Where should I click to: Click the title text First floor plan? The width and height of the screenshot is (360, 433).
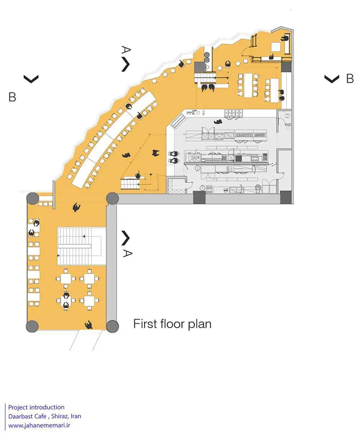(x=172, y=324)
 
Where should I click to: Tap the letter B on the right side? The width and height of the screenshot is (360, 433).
(x=350, y=79)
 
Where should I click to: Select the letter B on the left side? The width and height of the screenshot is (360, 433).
(x=12, y=97)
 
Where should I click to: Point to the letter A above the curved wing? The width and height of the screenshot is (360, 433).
(x=126, y=50)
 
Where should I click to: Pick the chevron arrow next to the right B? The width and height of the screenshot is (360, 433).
(x=331, y=79)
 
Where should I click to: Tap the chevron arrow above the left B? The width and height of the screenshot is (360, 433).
(x=31, y=79)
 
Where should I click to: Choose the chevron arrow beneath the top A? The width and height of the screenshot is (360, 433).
(x=125, y=64)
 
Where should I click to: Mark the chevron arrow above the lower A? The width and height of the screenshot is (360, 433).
(x=125, y=237)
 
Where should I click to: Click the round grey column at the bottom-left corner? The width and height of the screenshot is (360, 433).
(x=32, y=326)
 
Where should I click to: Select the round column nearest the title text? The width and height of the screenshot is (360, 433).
(x=112, y=326)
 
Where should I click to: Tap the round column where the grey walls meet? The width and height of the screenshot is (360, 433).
(x=112, y=198)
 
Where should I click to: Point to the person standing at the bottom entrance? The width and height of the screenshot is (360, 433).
(x=88, y=325)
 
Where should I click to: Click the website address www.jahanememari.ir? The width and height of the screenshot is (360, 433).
(x=39, y=425)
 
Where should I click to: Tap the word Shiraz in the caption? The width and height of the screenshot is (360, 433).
(x=59, y=416)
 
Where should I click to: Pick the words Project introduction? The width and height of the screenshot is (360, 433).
(x=36, y=407)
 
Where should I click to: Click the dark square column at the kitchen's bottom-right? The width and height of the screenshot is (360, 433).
(x=286, y=197)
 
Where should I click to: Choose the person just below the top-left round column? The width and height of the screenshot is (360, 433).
(x=76, y=207)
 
